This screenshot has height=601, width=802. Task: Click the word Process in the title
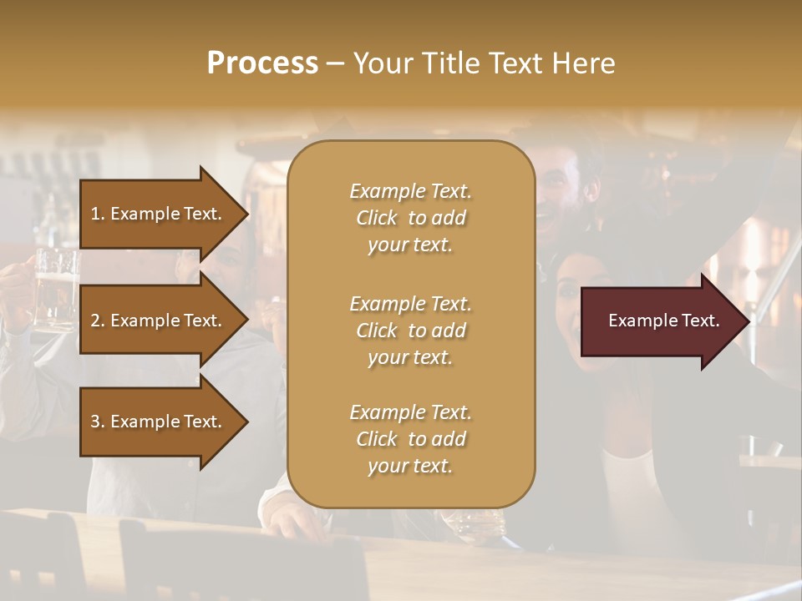click(262, 63)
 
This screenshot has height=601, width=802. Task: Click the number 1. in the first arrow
click(97, 214)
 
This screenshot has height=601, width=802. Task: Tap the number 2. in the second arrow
click(97, 321)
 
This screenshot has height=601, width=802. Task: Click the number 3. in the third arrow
click(97, 422)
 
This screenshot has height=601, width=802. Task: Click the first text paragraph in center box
click(410, 218)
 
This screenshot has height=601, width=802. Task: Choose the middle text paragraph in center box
click(410, 331)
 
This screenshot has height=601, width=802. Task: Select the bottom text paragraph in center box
click(410, 439)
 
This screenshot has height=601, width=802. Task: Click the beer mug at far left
click(55, 288)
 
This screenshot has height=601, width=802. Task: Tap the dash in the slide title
click(335, 64)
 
